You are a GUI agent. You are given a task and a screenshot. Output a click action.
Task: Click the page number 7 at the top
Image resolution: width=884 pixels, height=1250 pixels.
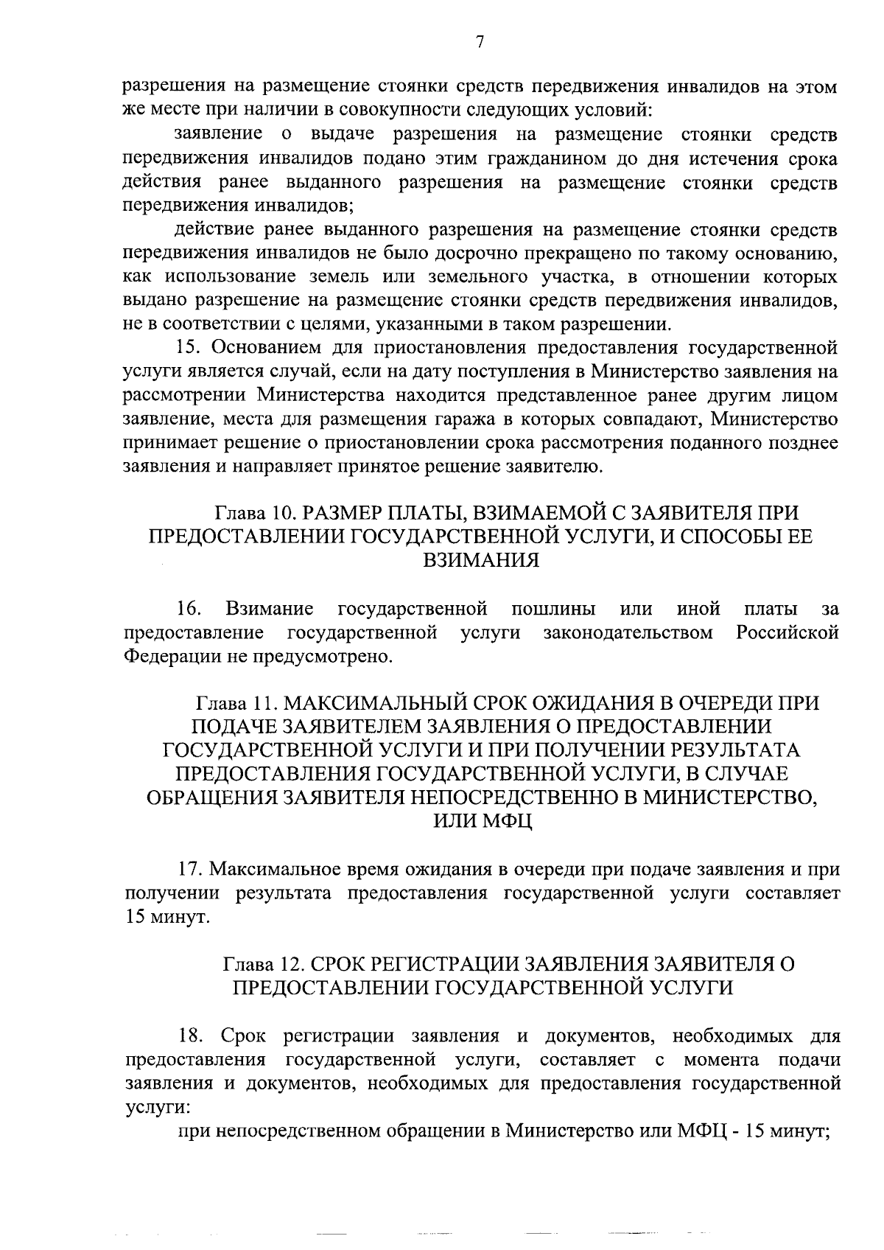click(480, 43)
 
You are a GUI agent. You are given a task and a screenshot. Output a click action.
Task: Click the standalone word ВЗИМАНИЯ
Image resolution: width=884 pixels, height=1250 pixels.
click(480, 560)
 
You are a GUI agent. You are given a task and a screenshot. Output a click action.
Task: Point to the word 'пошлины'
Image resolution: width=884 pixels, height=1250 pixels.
click(553, 609)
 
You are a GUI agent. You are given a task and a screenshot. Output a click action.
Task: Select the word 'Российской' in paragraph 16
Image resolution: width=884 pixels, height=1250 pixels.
click(787, 632)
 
